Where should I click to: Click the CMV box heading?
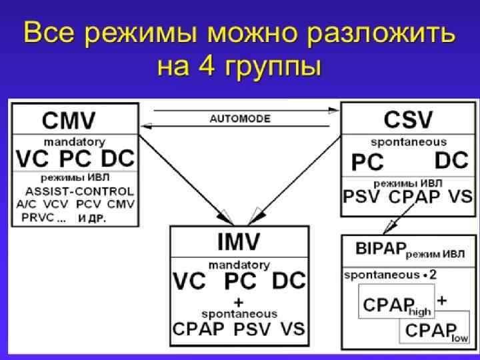tap(69, 121)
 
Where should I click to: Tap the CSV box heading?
tap(408, 121)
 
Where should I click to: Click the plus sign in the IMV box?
tap(238, 301)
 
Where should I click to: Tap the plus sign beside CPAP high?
tap(441, 301)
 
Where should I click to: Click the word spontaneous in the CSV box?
tap(409, 142)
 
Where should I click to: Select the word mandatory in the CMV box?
tap(74, 142)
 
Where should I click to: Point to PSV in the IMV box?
tap(252, 329)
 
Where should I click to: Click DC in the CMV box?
tap(118, 160)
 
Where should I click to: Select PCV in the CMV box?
tap(88, 203)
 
